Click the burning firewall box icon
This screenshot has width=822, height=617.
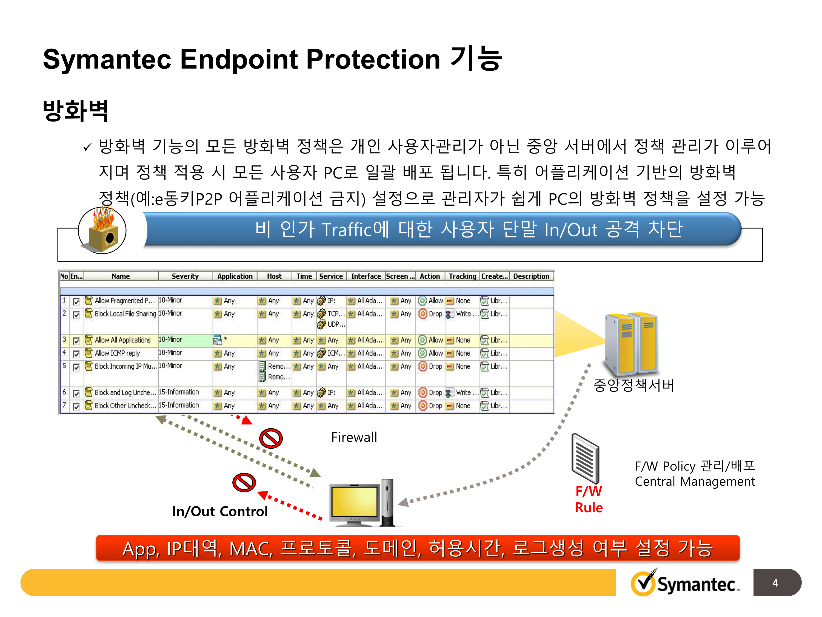point(102,231)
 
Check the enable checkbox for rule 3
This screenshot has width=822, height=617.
point(76,341)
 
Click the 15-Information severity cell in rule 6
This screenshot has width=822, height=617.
point(179,392)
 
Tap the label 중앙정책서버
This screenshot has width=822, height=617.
point(633,385)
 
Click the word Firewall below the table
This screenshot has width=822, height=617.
point(354,437)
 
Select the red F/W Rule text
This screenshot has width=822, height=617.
point(589,499)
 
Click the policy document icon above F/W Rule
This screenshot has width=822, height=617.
point(585,458)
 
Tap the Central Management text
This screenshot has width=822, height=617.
point(695,482)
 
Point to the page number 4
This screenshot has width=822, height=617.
point(775,583)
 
